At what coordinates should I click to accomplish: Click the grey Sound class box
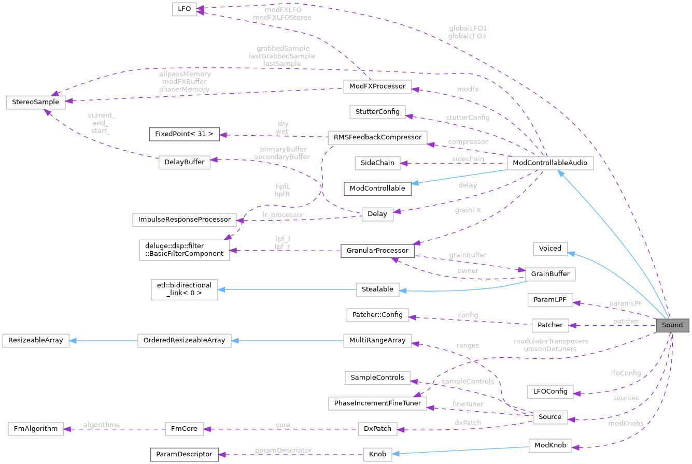click(672, 325)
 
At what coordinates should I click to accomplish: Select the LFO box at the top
click(184, 9)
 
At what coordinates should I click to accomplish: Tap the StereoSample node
click(36, 102)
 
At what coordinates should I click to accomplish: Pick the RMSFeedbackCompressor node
click(377, 137)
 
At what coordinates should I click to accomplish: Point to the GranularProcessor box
click(377, 251)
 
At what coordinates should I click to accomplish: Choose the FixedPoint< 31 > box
click(184, 134)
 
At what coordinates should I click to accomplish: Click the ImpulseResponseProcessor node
click(185, 219)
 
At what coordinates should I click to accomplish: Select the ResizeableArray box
click(36, 340)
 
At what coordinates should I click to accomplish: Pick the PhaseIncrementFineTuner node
click(377, 402)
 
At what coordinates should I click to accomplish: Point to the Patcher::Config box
click(377, 314)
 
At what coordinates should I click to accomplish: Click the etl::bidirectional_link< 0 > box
click(184, 289)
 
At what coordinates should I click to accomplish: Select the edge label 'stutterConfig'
click(468, 118)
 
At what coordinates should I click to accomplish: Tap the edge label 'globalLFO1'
click(469, 28)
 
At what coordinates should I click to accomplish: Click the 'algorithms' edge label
click(102, 425)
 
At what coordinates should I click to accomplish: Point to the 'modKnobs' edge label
click(626, 423)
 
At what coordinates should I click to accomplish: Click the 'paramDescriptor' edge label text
click(283, 450)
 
